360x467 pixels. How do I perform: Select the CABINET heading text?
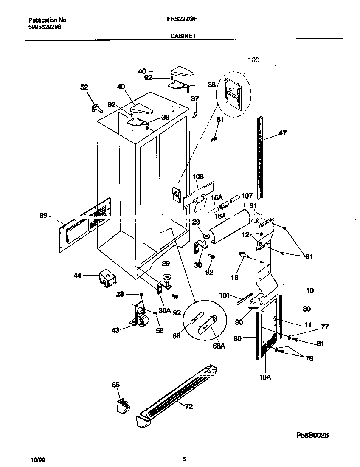coord(183,37)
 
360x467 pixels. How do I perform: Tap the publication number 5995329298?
coord(45,26)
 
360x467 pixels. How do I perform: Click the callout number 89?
coord(43,215)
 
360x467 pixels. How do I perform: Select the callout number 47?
coord(282,133)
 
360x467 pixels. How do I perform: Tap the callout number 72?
coord(189,407)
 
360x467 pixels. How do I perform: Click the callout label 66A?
coord(219,346)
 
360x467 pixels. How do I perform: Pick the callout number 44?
coord(77,276)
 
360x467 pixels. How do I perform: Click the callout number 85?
coord(116,385)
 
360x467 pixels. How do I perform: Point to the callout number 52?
coord(84,87)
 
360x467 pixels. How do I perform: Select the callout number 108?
coord(198,177)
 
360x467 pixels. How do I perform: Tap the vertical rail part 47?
coord(260,157)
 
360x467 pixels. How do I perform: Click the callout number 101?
coord(224,295)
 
